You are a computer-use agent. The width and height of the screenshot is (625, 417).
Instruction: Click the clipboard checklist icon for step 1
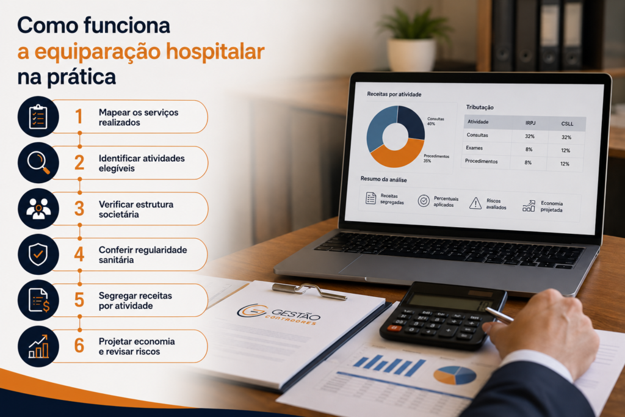pos(38,117)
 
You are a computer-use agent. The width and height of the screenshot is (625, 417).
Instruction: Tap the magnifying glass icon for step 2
pos(38,162)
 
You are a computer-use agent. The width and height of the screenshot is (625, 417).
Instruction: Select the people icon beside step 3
pos(38,209)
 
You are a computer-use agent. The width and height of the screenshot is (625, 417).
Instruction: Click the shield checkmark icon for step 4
pos(38,255)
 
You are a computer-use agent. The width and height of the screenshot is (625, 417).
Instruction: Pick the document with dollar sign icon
pos(38,300)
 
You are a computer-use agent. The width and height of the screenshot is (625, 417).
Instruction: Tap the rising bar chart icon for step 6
pos(38,346)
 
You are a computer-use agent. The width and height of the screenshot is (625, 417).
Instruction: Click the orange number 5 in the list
pos(79,300)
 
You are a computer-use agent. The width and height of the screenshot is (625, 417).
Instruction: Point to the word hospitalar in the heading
pos(215,52)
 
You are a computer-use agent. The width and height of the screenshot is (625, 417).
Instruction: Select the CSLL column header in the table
pos(567,123)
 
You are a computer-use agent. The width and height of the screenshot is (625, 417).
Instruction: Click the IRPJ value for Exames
pos(529,150)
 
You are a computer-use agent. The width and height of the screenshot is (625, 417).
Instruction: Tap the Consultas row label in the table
pos(477,135)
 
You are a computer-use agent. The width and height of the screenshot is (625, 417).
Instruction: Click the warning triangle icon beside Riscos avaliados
pos(475,203)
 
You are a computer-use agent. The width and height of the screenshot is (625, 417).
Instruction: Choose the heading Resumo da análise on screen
pos(383,179)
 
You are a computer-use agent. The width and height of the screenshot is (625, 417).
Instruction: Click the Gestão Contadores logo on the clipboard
pos(278,314)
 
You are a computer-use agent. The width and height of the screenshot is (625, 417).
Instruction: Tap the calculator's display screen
pos(449,303)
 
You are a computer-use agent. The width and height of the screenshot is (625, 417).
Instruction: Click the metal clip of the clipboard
pos(309,291)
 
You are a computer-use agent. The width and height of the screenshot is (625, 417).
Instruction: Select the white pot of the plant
pos(411,54)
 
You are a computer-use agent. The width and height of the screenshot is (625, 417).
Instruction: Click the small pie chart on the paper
pos(455,375)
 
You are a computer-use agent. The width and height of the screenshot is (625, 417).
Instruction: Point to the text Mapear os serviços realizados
pos(139,117)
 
